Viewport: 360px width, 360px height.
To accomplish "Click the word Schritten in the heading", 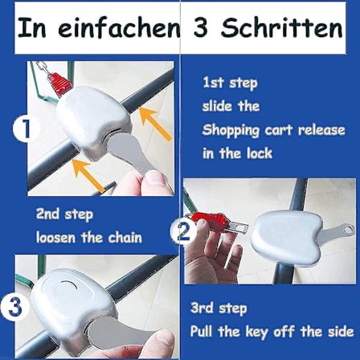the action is [x=281, y=27].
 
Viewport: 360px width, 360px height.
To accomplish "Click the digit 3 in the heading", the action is [x=200, y=27].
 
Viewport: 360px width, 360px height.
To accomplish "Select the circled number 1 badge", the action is [x=26, y=129].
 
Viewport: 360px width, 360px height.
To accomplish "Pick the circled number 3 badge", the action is [x=14, y=307].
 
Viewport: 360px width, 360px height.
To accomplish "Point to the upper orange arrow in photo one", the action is [x=156, y=123].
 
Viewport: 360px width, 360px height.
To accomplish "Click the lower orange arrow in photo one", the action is [x=88, y=174].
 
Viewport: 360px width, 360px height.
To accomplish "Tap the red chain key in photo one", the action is [x=59, y=84].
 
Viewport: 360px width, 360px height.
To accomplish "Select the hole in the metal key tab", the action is [x=348, y=230].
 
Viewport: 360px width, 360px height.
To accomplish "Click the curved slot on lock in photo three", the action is [x=69, y=284].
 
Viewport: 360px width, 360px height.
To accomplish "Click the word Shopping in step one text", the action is [x=231, y=131].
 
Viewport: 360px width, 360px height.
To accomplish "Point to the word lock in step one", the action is [x=259, y=153].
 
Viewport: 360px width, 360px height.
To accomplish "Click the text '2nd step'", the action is [x=64, y=215].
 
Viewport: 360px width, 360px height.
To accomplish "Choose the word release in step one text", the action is [x=321, y=129].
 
